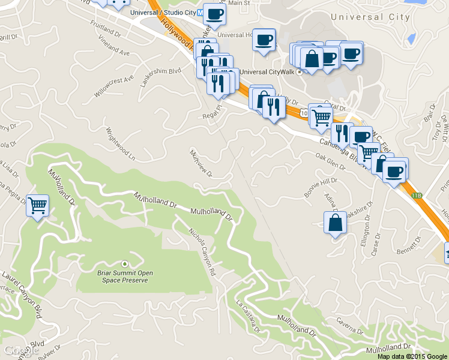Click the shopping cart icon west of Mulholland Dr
click(38, 206)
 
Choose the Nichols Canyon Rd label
click(202, 251)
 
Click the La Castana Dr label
click(249, 316)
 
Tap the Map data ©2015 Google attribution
click(412, 356)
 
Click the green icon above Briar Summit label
click(124, 263)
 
